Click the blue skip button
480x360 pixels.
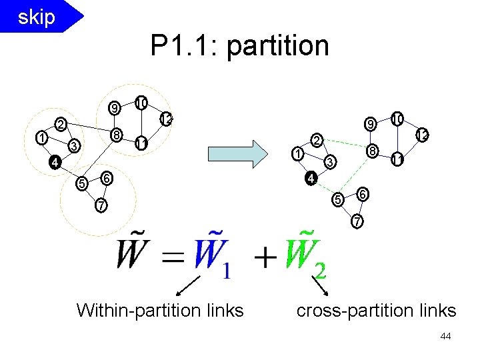tap(37, 17)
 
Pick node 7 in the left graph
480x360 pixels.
tap(99, 205)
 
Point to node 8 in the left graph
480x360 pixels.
tap(116, 135)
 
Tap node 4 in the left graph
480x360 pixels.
tap(57, 161)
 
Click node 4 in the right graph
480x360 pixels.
tap(310, 179)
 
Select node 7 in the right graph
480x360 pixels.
tap(358, 221)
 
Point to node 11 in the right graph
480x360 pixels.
tap(397, 159)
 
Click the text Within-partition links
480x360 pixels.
tap(160, 310)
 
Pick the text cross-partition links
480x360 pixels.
tap(376, 310)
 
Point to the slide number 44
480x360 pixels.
tap(446, 337)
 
